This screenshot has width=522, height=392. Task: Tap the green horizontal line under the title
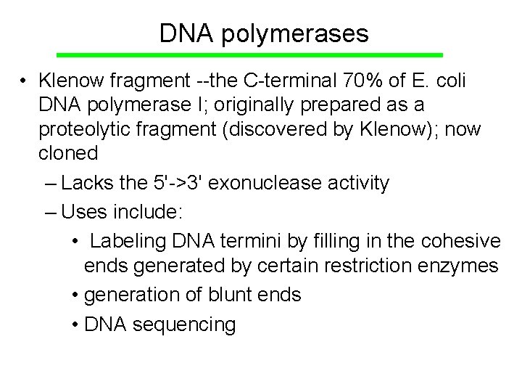249,55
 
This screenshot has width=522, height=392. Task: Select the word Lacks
88,183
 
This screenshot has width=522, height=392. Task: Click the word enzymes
461,266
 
